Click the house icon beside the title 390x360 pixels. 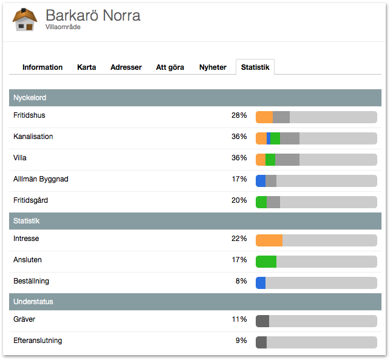[25, 20]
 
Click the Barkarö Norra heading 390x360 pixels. [93, 15]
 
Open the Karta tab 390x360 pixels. [86, 67]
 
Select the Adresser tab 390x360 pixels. [126, 67]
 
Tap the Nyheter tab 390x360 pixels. [213, 67]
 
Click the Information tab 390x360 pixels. [43, 67]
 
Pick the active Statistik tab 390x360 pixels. [255, 67]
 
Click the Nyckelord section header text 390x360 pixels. [30, 98]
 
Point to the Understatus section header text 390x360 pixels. [33, 302]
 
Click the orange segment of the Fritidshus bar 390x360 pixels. [264, 117]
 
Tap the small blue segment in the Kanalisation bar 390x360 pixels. [269, 138]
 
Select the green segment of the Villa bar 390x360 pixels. [270, 160]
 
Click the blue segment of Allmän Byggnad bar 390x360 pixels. [261, 181]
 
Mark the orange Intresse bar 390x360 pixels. [269, 240]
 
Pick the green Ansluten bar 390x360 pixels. [266, 262]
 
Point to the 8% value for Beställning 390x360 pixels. [241, 281]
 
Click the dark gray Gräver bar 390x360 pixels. [262, 321]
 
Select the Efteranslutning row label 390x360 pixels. [38, 341]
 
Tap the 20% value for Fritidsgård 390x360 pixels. [239, 200]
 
